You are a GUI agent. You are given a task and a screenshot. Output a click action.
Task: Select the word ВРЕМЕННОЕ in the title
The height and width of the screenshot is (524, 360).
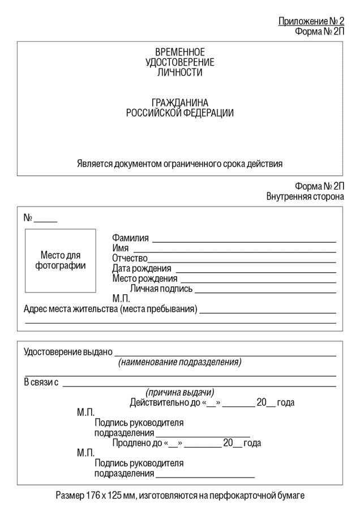point(179,53)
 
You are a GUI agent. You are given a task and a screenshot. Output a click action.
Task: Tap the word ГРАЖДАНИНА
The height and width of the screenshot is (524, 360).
point(179,103)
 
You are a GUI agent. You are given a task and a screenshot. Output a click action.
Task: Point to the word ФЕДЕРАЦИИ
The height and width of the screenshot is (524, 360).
point(209,113)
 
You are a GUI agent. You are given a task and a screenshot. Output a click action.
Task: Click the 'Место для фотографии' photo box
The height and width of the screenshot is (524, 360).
point(61,260)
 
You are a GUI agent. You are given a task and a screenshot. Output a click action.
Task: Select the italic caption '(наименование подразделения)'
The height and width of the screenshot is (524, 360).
point(179,362)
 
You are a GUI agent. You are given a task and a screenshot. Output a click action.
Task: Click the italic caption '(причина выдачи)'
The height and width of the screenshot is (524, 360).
point(179,393)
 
